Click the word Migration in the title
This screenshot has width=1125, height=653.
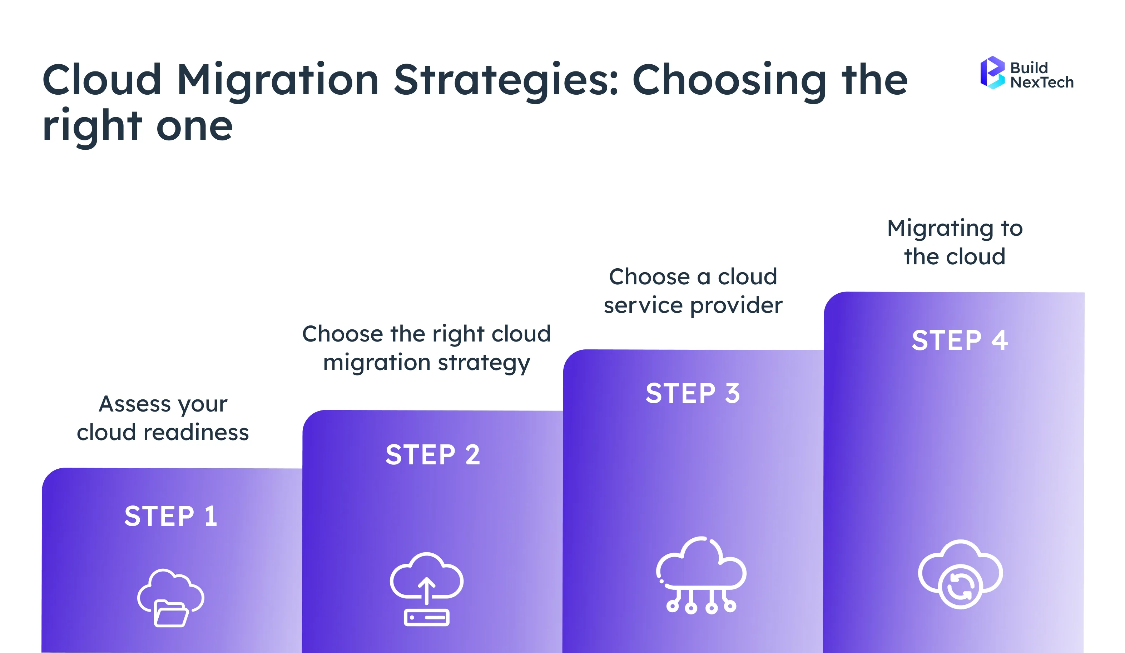278,80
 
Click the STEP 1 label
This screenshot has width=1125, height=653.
171,517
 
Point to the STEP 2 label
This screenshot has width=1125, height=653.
432,455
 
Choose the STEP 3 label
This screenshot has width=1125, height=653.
693,394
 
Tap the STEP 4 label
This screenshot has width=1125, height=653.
960,340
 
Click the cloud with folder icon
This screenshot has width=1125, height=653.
170,598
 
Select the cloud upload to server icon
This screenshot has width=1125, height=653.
426,589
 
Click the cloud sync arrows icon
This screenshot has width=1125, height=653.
960,574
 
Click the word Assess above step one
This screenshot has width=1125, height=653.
135,404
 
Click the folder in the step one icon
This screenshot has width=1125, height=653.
170,614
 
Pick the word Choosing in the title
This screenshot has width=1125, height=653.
729,80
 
